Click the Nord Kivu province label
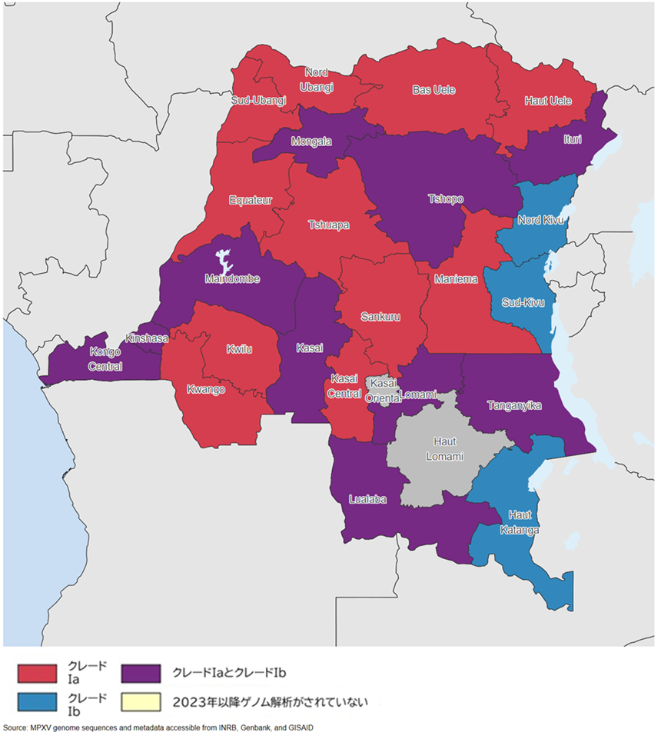click(x=540, y=221)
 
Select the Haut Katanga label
click(x=523, y=522)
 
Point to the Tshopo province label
click(x=446, y=199)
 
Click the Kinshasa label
click(x=148, y=338)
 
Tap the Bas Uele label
click(x=433, y=90)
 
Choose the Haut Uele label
click(x=547, y=100)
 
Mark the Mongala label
click(x=312, y=141)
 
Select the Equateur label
click(x=251, y=201)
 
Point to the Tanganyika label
click(x=515, y=404)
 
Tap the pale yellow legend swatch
click(x=141, y=701)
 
